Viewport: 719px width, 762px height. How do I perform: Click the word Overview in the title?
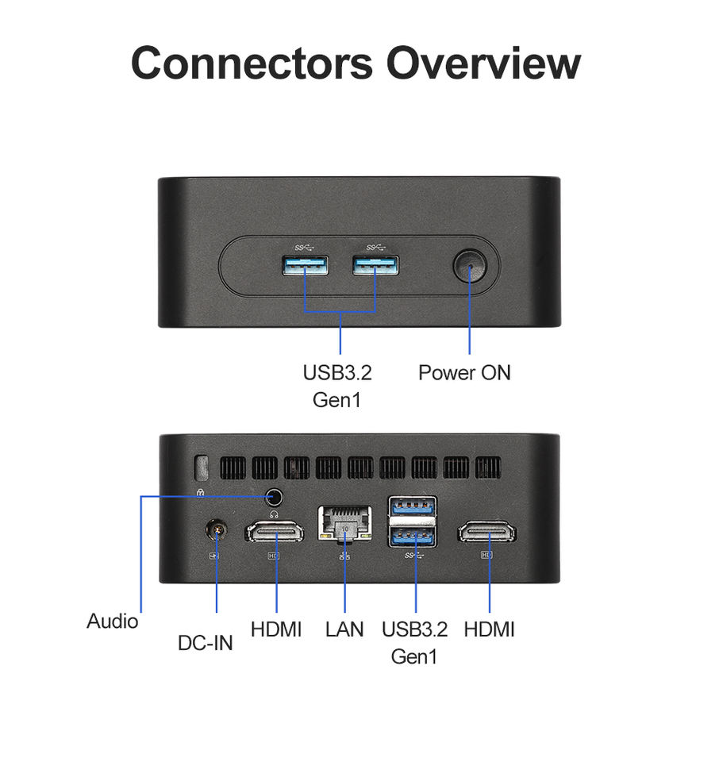pyautogui.click(x=483, y=63)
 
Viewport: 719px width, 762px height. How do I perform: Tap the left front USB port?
pyautogui.click(x=305, y=266)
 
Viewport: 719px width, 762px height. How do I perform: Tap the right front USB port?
pyautogui.click(x=376, y=266)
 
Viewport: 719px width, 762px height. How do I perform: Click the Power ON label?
pyautogui.click(x=464, y=372)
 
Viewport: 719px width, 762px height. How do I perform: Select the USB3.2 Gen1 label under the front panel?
pyautogui.click(x=337, y=386)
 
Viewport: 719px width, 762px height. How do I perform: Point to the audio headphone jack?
pyautogui.click(x=275, y=498)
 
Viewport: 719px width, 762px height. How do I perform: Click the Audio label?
pyautogui.click(x=112, y=621)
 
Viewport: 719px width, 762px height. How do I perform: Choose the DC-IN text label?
pyautogui.click(x=206, y=642)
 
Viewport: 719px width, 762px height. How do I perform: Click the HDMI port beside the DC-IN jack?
pyautogui.click(x=275, y=532)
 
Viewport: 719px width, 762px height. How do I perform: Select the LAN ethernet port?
pyautogui.click(x=344, y=524)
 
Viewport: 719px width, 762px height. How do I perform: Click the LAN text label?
pyautogui.click(x=344, y=629)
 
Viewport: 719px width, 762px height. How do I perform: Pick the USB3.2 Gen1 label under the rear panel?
pyautogui.click(x=414, y=643)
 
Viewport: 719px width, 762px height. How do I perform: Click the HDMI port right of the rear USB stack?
pyautogui.click(x=487, y=532)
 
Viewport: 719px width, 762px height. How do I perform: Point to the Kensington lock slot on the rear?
pyautogui.click(x=202, y=468)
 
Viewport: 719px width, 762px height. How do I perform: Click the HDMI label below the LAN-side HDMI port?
pyautogui.click(x=276, y=629)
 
